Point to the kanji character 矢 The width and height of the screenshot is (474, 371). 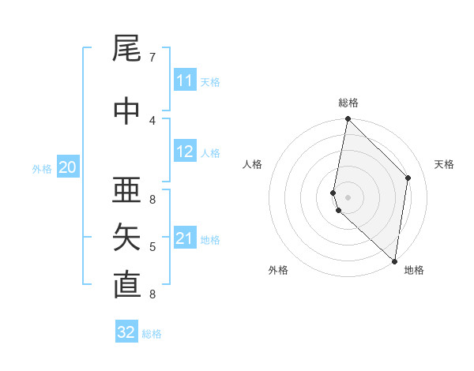coord(126,238)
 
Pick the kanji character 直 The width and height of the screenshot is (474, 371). coord(126,285)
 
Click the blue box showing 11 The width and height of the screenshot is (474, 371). coord(185,81)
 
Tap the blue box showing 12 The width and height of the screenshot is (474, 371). coord(185,152)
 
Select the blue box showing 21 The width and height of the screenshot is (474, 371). coord(185,238)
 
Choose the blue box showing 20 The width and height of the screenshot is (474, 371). coord(68,167)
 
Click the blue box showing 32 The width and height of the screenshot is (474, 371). coord(126,332)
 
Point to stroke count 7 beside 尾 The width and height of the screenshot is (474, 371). coord(152,57)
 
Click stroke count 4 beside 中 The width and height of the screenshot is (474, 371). coord(152,120)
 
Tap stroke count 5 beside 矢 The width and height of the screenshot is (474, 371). coord(152,247)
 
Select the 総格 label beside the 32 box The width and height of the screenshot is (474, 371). coord(152,334)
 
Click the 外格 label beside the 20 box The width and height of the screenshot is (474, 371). coord(42,168)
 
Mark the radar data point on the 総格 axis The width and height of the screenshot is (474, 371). coord(348,120)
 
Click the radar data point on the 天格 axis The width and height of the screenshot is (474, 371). coord(408,178)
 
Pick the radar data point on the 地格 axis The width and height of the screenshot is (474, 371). coord(395,260)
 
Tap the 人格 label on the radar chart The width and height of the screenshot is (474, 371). coord(253,164)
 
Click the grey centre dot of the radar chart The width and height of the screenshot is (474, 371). coord(348,197)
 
